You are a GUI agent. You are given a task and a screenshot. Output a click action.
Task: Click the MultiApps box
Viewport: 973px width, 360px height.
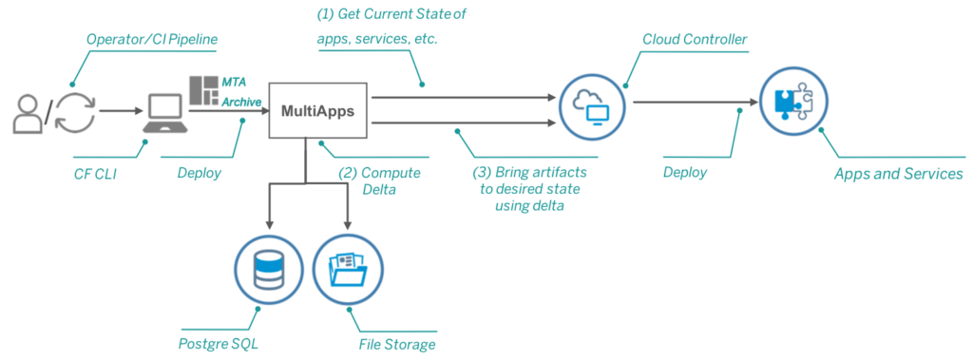coord(317,110)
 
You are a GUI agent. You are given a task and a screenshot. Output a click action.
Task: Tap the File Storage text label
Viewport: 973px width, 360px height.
coord(396,343)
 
